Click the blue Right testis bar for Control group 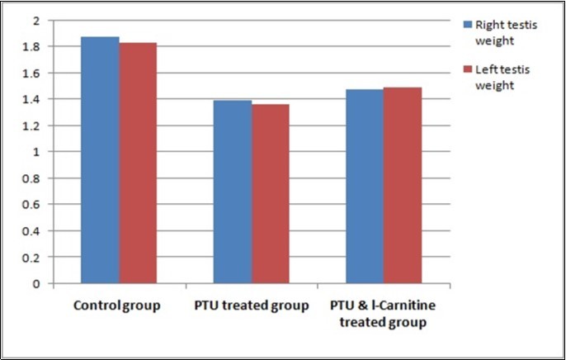pos(100,160)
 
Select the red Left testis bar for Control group pos(138,163)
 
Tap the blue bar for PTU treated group pos(233,192)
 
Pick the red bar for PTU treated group pos(270,194)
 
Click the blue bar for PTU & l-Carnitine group pos(364,187)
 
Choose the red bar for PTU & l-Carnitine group pos(402,186)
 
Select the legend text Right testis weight pos(504,32)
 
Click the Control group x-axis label pos(116,306)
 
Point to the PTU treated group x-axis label pos(251,306)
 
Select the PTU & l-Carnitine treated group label pos(383,314)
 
